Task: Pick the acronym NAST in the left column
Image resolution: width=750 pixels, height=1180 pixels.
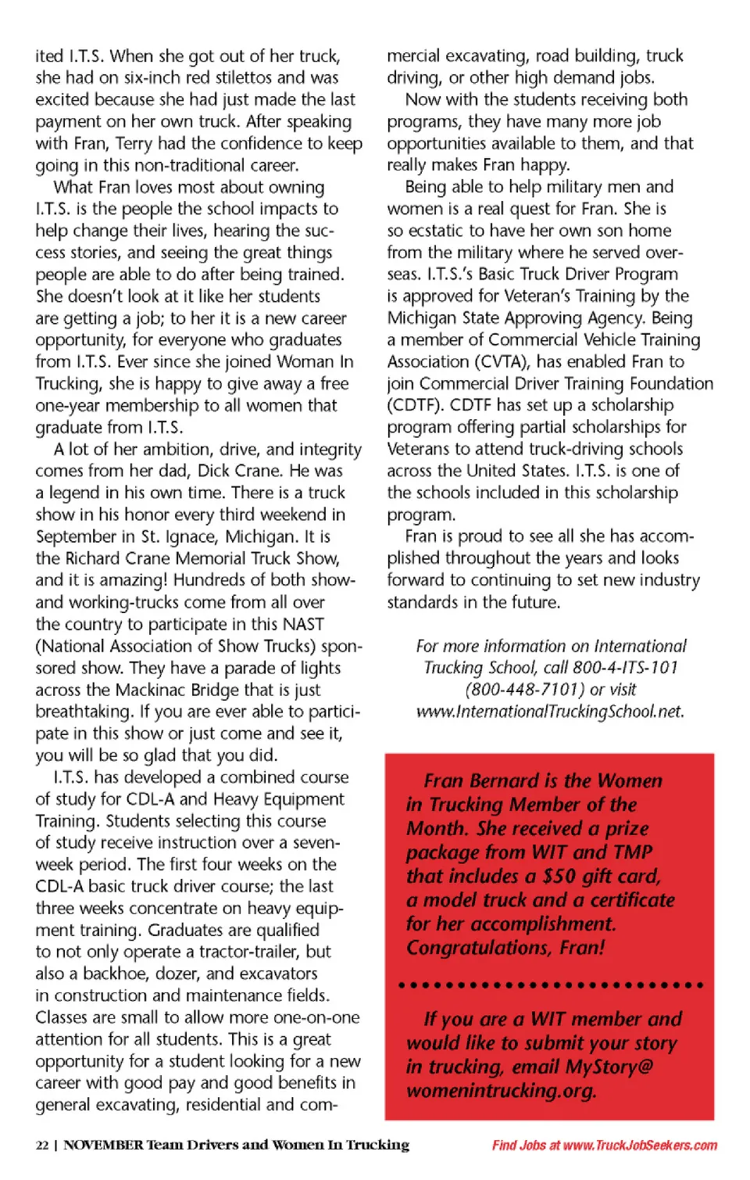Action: click(303, 624)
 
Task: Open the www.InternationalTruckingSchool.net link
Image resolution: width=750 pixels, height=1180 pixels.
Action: click(550, 712)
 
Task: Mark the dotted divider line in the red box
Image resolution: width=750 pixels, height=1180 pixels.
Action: click(550, 985)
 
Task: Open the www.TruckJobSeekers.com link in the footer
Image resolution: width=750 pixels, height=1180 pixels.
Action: click(640, 1146)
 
